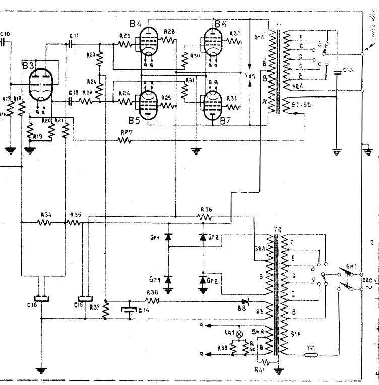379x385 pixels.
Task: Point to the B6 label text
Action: (x=221, y=24)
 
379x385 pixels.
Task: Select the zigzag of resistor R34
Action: (x=45, y=222)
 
